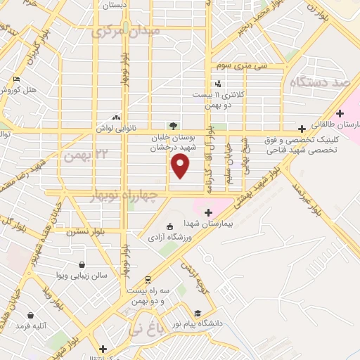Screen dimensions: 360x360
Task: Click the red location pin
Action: tap(181, 166)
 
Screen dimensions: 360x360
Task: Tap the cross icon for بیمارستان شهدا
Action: tap(208, 212)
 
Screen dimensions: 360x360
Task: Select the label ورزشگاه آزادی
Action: tap(168, 237)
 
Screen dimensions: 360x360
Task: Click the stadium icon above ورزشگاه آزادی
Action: tap(168, 226)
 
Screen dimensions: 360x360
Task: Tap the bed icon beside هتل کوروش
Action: tap(17, 79)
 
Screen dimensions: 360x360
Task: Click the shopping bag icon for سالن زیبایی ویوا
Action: tap(82, 265)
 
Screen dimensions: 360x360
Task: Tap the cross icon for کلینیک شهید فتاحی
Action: tap(302, 129)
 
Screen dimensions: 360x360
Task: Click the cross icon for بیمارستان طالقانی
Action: tap(340, 113)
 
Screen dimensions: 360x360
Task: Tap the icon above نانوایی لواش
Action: tap(116, 118)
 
